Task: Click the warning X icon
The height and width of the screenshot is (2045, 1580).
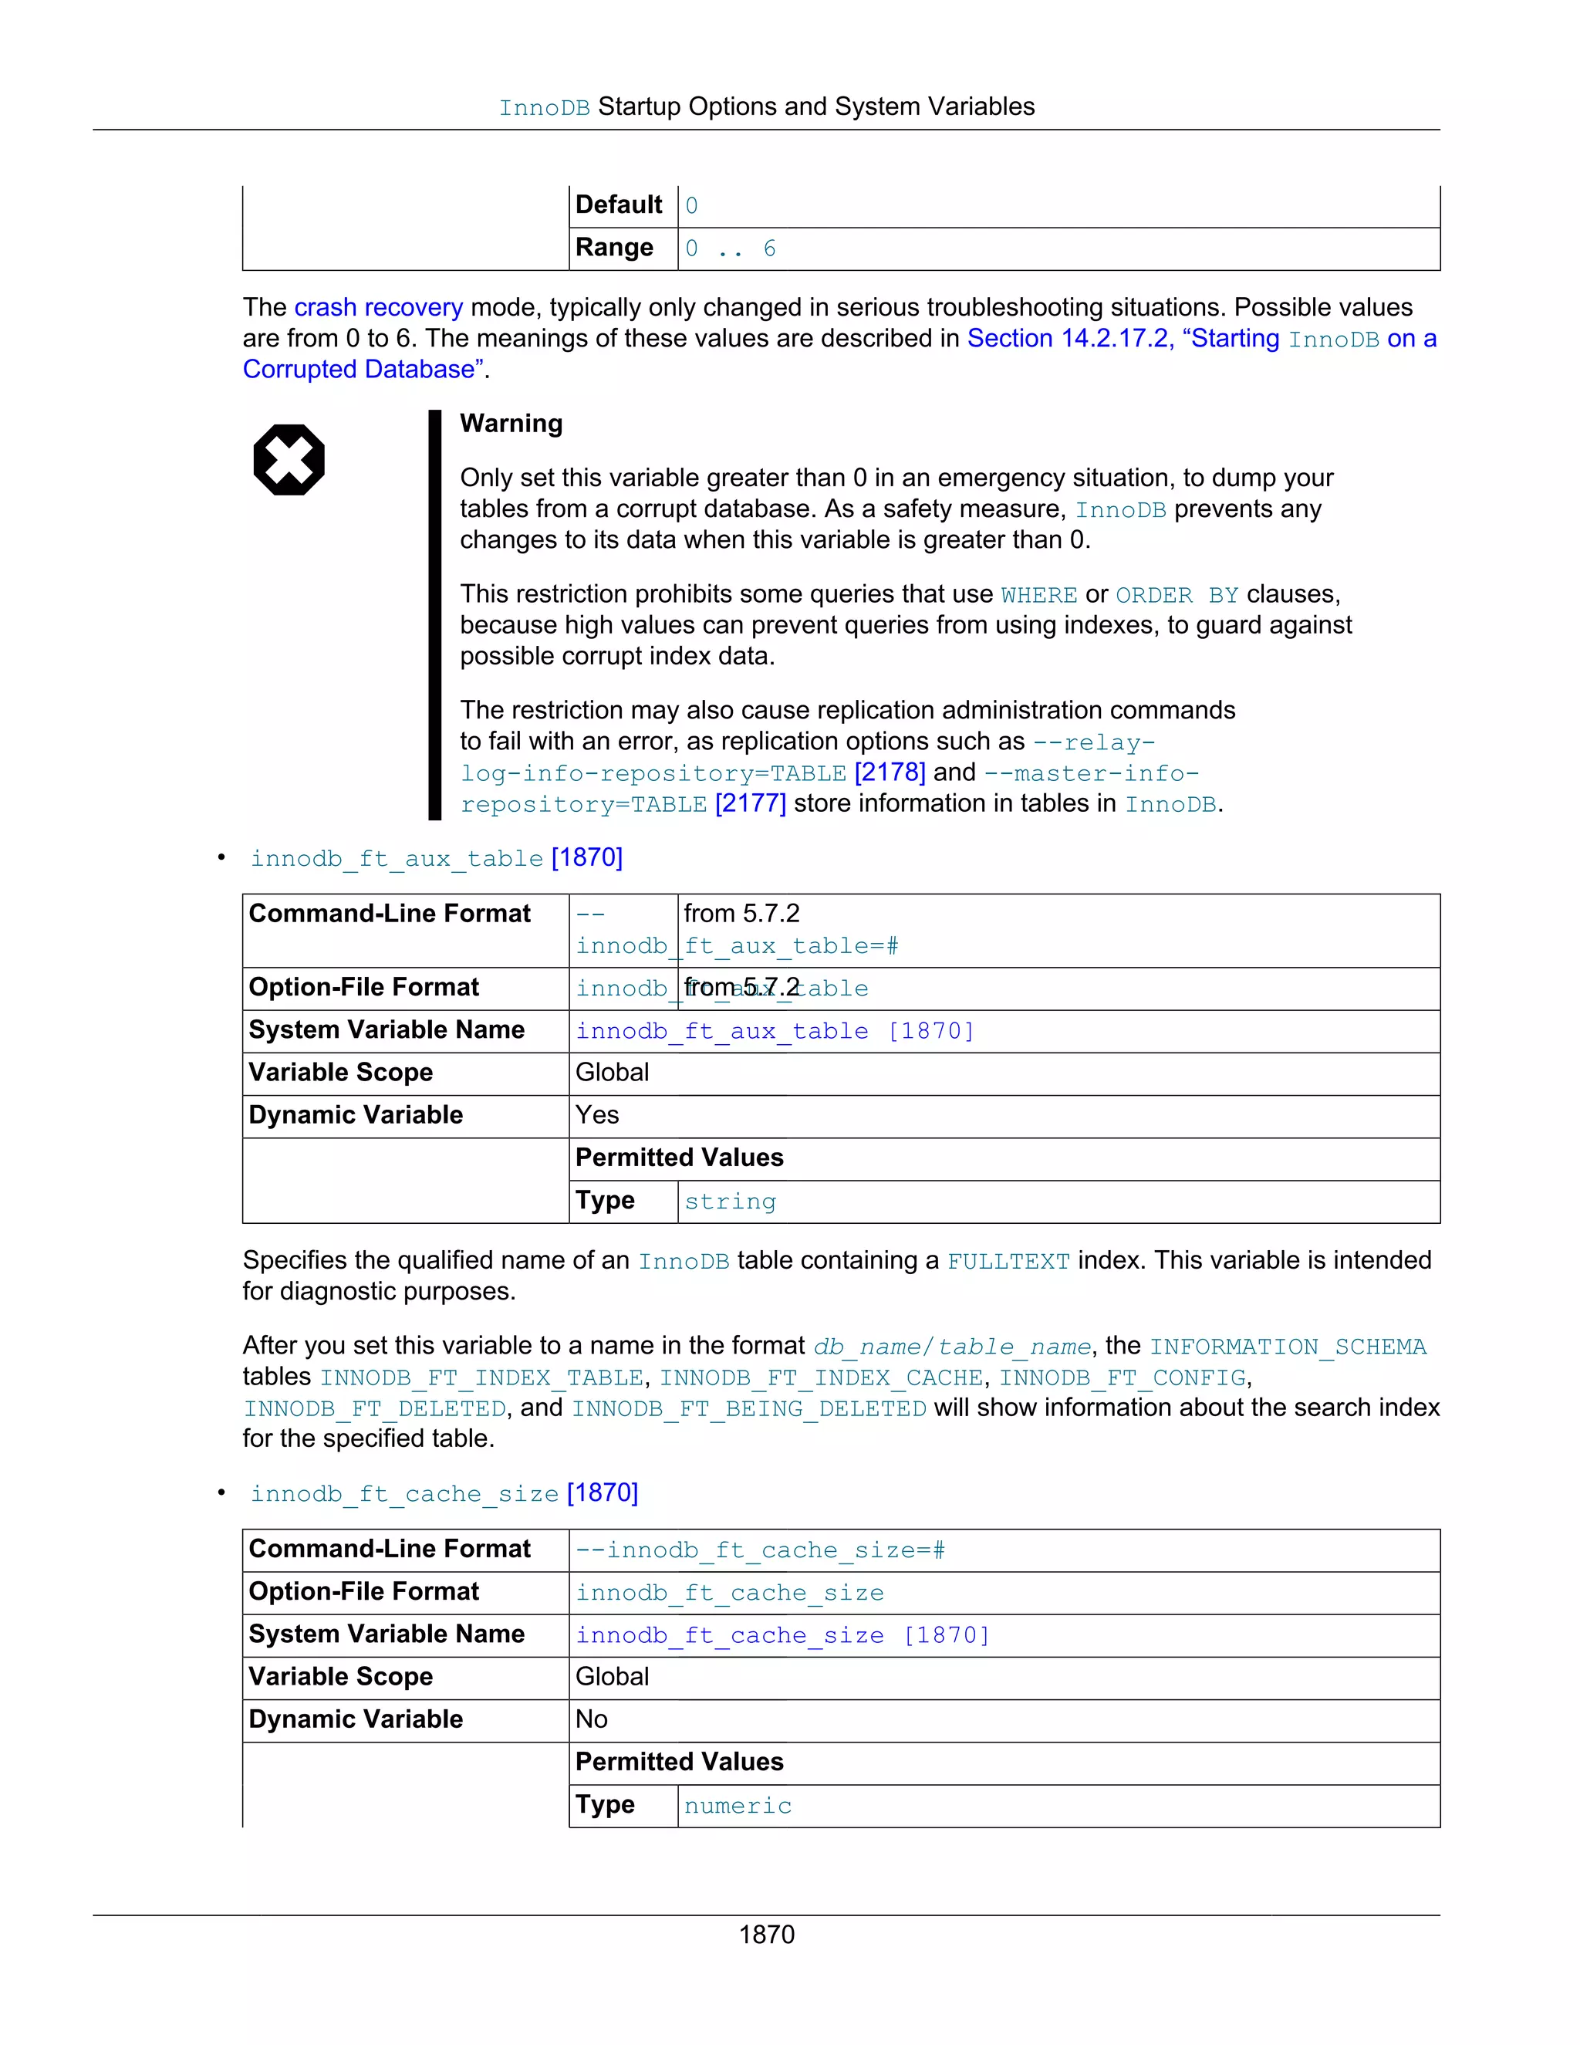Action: (289, 460)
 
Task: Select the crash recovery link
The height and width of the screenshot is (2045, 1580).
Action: (378, 307)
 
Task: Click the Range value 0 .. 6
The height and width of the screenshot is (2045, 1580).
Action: (730, 248)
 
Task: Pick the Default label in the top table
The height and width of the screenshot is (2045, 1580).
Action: (618, 204)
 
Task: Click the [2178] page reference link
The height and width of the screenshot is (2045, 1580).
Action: (890, 772)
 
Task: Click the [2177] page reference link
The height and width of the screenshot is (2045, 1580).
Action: (750, 803)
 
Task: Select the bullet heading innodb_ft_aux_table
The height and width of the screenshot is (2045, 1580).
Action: (397, 859)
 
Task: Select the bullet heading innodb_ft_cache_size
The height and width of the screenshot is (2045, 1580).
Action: (404, 1493)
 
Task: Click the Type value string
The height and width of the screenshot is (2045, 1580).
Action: (730, 1202)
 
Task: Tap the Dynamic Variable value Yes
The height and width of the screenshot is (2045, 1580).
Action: (597, 1114)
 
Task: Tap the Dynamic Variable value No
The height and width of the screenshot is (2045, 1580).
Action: (592, 1719)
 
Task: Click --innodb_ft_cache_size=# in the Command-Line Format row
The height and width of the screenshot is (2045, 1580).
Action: (760, 1550)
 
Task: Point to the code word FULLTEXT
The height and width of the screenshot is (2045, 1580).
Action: (1008, 1261)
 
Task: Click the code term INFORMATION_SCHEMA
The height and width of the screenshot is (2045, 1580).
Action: (1287, 1347)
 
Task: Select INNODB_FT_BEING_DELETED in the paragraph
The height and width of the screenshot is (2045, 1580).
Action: (749, 1408)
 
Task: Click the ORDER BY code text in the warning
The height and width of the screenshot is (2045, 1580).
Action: (1177, 596)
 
